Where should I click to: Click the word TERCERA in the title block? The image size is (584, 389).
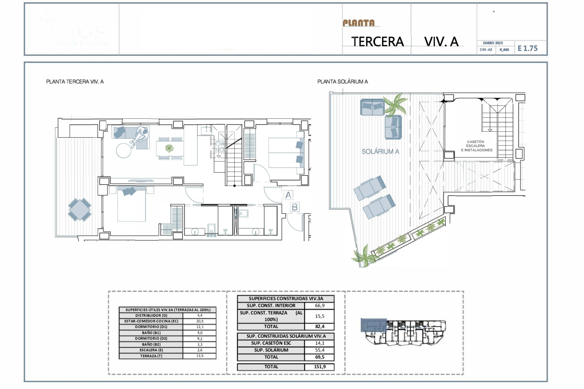377,42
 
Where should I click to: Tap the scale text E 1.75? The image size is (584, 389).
527,48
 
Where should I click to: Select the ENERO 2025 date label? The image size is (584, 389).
493,43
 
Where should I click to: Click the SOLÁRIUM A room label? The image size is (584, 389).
380,151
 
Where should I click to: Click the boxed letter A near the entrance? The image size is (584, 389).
288,195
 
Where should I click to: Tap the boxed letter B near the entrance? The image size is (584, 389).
294,207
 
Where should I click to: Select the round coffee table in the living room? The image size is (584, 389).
124,150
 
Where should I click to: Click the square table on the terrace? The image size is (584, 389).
79,209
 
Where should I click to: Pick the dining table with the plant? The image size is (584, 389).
169,149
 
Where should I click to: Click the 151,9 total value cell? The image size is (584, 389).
319,367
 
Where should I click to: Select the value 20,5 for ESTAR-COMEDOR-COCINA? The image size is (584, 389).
200,321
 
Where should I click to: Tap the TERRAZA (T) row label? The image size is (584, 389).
151,356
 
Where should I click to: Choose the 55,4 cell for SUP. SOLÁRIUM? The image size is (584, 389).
319,350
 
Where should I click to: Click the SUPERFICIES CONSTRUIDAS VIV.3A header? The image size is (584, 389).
286,298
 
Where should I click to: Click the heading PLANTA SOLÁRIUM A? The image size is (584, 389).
342,81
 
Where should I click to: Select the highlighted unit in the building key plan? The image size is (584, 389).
374,325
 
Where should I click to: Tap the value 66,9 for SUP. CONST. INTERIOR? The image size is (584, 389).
319,305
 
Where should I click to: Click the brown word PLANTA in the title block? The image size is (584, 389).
359,23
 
